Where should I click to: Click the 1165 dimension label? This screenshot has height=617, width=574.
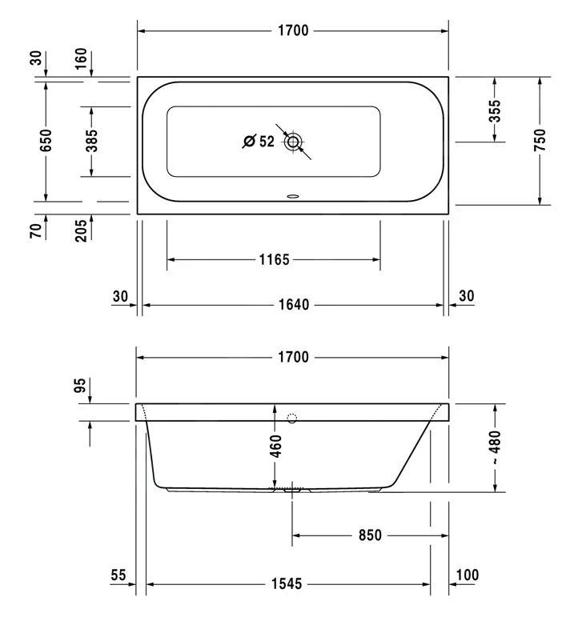(x=274, y=260)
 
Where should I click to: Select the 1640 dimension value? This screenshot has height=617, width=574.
(x=294, y=305)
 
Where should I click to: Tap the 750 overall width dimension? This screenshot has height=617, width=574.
(x=540, y=140)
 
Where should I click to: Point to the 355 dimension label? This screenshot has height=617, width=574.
(x=495, y=110)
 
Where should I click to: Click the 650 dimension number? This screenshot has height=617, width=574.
(x=46, y=140)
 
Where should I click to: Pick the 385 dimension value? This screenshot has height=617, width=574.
(x=91, y=141)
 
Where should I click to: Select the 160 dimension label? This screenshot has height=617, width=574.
(x=80, y=58)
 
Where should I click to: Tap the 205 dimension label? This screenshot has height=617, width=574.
(x=80, y=230)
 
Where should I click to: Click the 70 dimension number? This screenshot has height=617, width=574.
(x=35, y=230)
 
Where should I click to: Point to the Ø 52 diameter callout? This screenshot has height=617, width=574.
(x=259, y=142)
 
